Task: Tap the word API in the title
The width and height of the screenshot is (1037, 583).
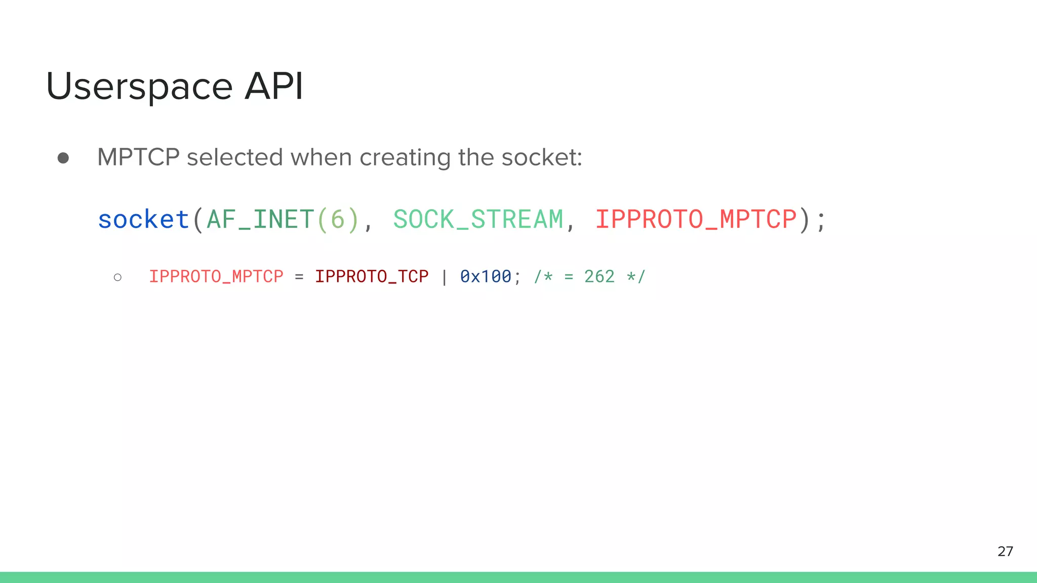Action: click(x=274, y=86)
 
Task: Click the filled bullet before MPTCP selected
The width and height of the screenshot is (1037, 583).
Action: click(x=63, y=158)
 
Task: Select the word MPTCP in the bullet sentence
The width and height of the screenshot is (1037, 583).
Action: click(x=138, y=157)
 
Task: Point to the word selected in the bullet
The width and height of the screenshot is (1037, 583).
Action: click(x=234, y=157)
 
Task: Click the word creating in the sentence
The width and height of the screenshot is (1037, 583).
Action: click(x=405, y=158)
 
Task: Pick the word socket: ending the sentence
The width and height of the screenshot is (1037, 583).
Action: click(x=542, y=157)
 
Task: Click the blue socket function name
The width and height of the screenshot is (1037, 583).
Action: click(x=143, y=220)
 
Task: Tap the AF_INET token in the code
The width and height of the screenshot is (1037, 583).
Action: click(x=260, y=220)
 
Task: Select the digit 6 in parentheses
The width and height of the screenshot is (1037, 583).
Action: click(x=338, y=220)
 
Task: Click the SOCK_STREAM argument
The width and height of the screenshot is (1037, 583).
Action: click(x=478, y=220)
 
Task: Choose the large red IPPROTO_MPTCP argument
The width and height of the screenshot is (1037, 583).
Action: click(x=696, y=220)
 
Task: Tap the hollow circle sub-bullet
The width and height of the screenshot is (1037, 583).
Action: click(x=118, y=277)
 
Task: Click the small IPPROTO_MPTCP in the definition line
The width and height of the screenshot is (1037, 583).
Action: click(x=216, y=276)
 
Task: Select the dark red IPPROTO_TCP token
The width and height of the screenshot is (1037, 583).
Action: click(x=372, y=276)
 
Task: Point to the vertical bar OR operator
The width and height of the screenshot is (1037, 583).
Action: click(x=444, y=277)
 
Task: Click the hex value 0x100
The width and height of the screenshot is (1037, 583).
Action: click(x=486, y=276)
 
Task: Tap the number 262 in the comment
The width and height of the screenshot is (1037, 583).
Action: click(x=599, y=276)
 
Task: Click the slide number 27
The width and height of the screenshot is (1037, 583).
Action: click(x=1005, y=551)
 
